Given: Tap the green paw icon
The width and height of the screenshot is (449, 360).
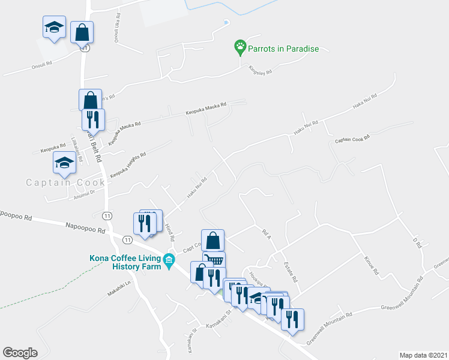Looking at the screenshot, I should point(240,46).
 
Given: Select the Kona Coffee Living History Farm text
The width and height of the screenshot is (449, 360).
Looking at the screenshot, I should point(125,262).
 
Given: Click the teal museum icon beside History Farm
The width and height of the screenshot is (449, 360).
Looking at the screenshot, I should point(170,260).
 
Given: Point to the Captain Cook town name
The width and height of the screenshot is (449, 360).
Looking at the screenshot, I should point(65,182).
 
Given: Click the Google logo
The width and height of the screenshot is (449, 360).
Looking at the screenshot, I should point(20,353).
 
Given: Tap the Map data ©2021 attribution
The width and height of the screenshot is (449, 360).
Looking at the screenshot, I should point(423,355).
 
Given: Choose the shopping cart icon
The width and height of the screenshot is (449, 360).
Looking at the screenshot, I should point(214,260).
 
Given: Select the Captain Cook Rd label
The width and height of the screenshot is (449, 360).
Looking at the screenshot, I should point(352,140).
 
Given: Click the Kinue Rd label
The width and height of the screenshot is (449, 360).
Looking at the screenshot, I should point(372,266).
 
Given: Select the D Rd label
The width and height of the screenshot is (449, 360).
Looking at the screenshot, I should point(415,242).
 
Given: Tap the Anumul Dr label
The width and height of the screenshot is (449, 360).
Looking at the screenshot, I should point(85,193).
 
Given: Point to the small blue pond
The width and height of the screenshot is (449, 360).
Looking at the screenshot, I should point(226,23).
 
